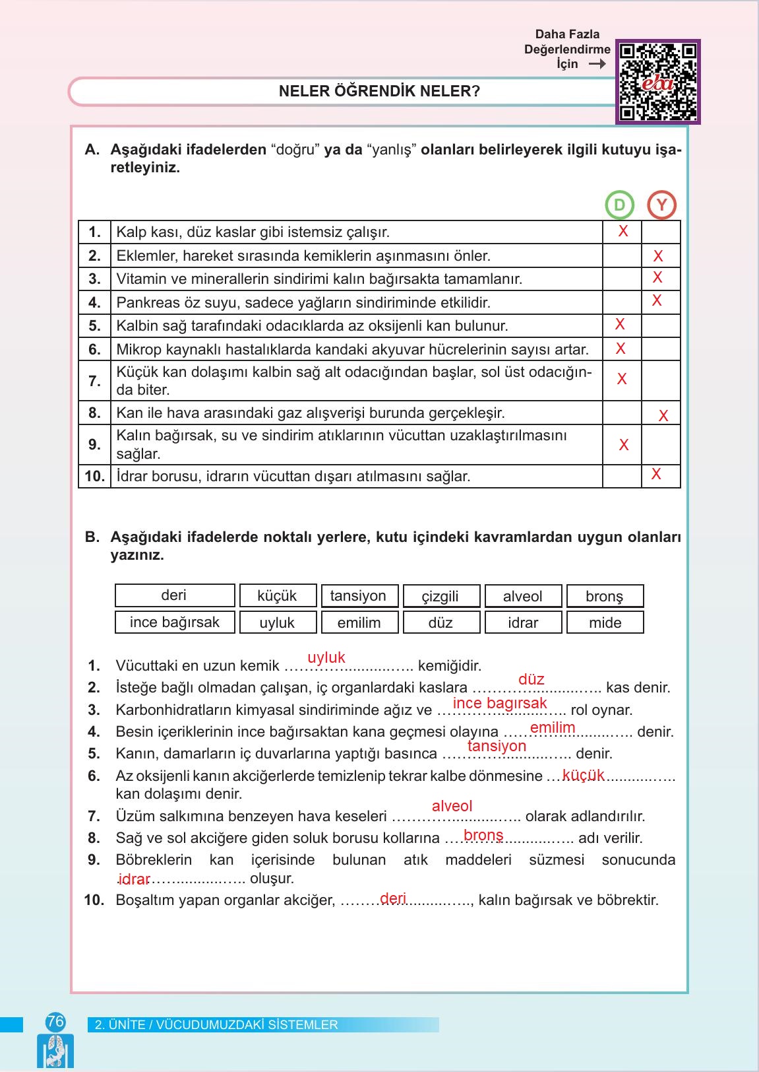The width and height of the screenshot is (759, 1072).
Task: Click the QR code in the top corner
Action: pos(657,82)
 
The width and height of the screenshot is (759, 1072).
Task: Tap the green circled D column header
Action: pos(619,205)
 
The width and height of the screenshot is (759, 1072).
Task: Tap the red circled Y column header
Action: pos(661,205)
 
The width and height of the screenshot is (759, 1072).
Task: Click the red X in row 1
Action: pos(622,231)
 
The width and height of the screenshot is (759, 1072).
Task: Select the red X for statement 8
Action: pos(663,416)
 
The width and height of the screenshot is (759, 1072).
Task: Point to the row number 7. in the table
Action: pos(94,381)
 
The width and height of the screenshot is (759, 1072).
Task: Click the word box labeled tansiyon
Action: pos(358,596)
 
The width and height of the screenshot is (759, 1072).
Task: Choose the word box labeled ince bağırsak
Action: pos(175,622)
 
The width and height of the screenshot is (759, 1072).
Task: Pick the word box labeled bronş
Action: pos(605,596)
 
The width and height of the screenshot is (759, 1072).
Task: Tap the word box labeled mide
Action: pos(605,622)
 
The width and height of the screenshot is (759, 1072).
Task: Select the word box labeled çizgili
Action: pos(440,596)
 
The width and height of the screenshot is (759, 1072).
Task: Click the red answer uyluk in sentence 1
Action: pos(326,657)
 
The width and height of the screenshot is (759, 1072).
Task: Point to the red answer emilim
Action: pos(553,727)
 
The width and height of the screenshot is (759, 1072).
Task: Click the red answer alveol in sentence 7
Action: pos(452,806)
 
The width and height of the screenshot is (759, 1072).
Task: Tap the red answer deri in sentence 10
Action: pos(393,898)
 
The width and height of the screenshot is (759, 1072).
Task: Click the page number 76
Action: pos(55,1022)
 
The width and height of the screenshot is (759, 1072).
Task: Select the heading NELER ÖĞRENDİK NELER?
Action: pos(380,91)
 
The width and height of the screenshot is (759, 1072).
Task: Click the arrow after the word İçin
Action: pos(597,64)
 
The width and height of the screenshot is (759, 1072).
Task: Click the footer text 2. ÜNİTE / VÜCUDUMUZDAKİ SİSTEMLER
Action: pos(216,1024)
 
